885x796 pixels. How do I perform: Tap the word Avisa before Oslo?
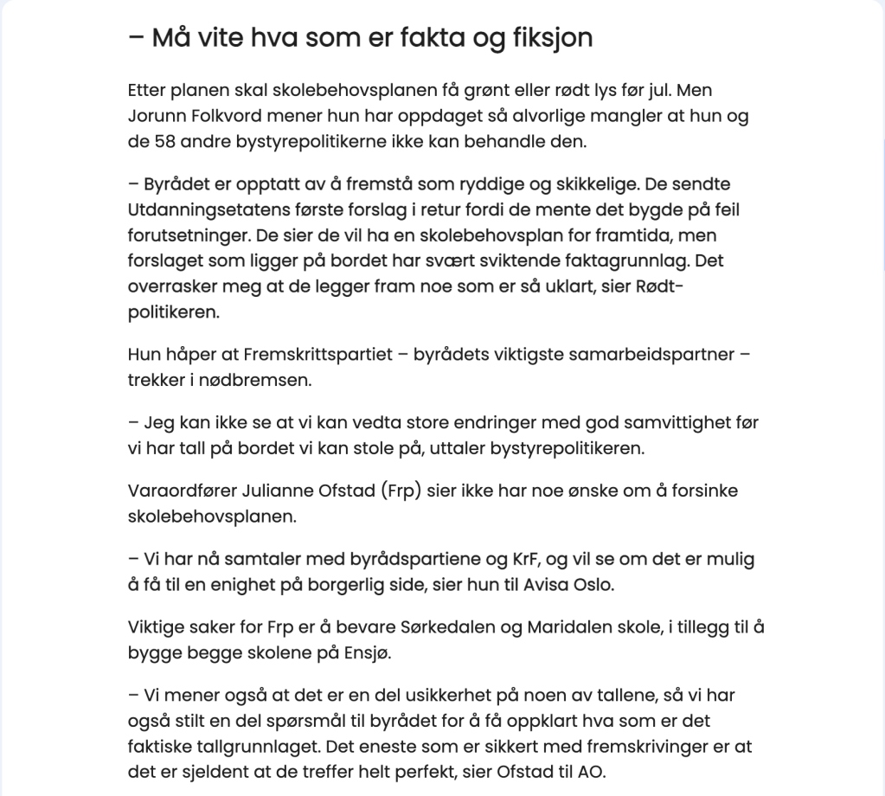point(548,584)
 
